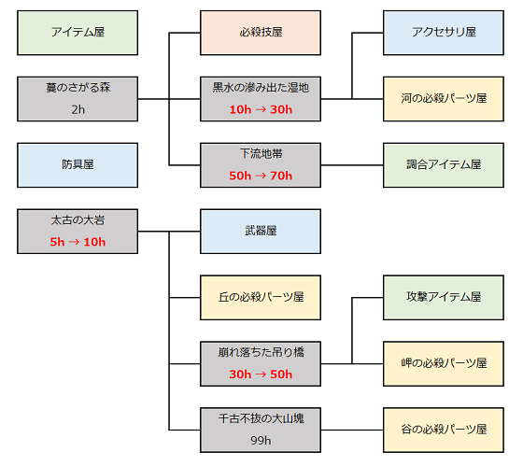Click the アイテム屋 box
[78, 33]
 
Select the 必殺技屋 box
[261, 33]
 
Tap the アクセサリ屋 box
[444, 33]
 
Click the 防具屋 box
[78, 165]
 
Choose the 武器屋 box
[261, 232]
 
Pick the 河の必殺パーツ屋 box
[444, 99]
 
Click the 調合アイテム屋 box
[444, 165]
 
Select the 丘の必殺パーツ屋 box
[261, 298]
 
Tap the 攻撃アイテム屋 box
[444, 298]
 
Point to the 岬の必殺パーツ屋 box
[444, 363]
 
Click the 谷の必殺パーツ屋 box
[444, 430]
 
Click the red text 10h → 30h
[261, 109]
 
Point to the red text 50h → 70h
[261, 176]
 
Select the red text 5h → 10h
[78, 242]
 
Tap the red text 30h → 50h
[261, 374]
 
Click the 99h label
[261, 441]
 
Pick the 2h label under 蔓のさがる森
[78, 109]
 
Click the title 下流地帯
[261, 154]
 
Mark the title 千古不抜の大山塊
[261, 418]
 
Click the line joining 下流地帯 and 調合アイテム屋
[352, 165]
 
